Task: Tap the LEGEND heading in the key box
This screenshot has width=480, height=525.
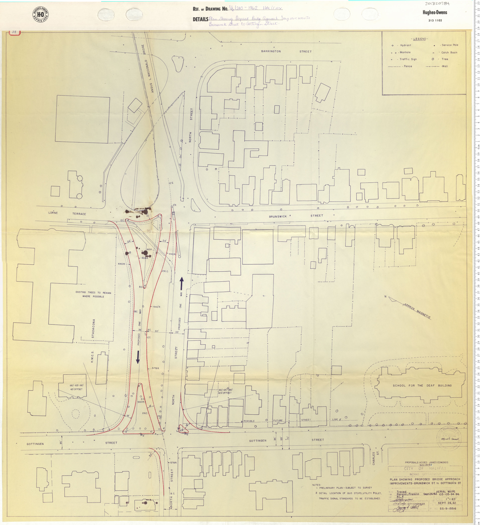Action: [x=420, y=39]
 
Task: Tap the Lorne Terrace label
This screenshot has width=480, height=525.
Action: [x=67, y=213]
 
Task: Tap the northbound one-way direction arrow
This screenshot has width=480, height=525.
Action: [x=182, y=283]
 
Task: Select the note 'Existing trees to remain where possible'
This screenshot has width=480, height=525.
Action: [x=93, y=294]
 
